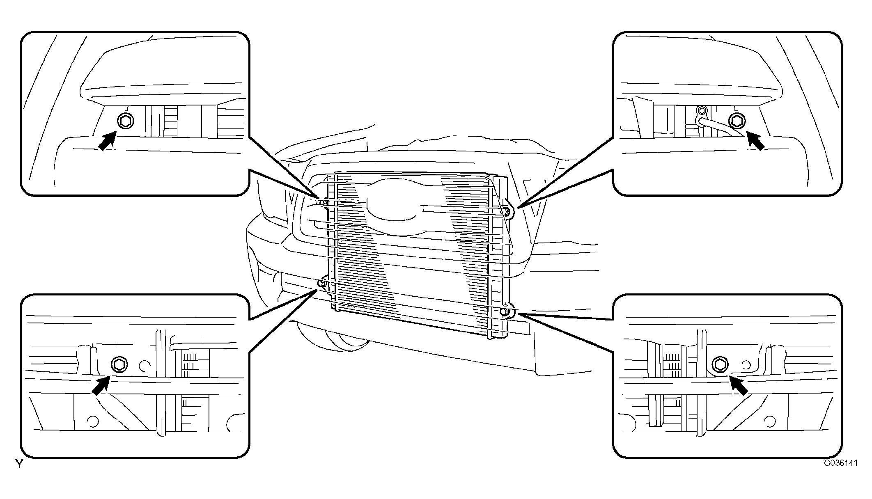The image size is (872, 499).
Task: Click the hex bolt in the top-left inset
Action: [x=125, y=121]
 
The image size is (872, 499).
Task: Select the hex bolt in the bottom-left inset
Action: [x=119, y=364]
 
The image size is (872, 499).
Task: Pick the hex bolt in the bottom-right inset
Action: [x=720, y=364]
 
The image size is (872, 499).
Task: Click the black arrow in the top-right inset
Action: [x=755, y=141]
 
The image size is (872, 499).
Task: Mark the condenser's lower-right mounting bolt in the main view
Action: [x=505, y=312]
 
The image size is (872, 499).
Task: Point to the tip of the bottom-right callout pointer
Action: [x=518, y=314]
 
